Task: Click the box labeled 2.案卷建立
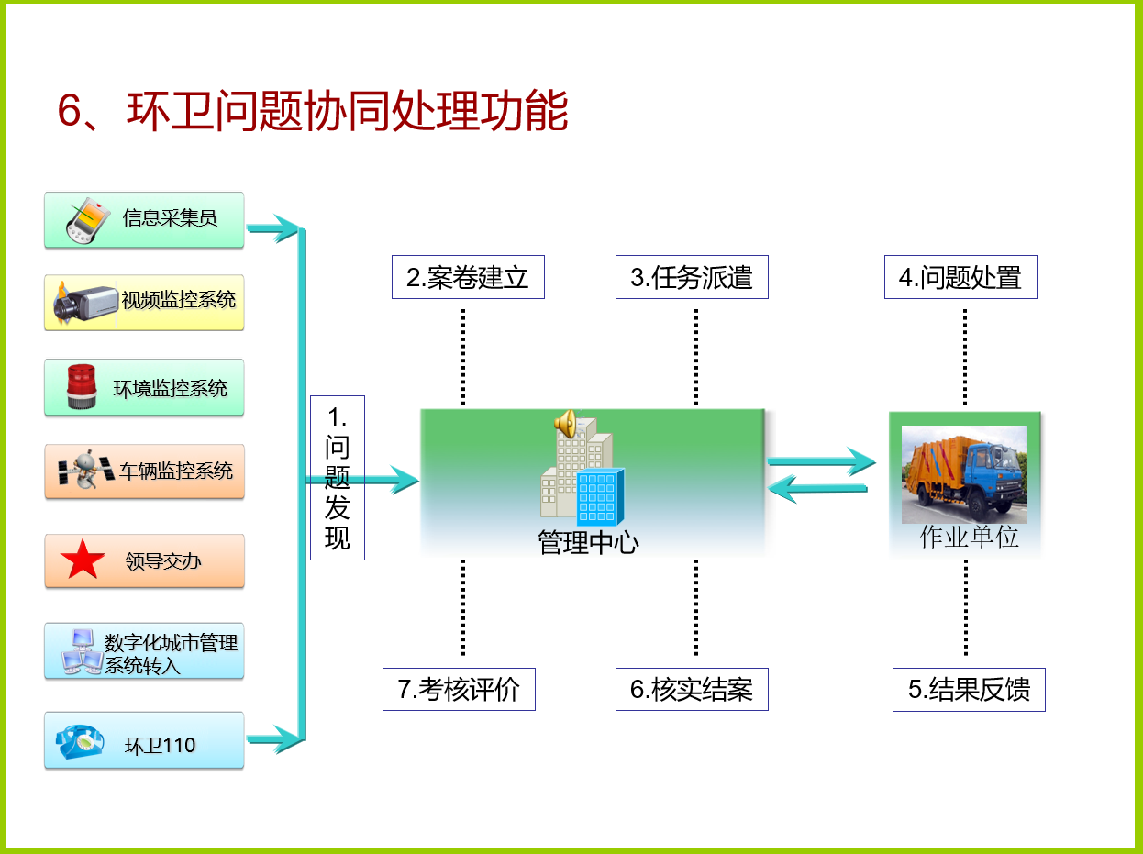tap(468, 277)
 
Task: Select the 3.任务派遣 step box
tap(692, 277)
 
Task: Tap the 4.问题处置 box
tap(960, 277)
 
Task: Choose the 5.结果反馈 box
tap(969, 690)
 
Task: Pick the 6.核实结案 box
tap(692, 690)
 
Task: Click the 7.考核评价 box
tap(459, 690)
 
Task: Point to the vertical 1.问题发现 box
tap(338, 478)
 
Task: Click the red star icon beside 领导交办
tap(83, 560)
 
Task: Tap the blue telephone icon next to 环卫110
tap(79, 741)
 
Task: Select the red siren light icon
tap(82, 386)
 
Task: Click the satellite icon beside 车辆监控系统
tap(86, 469)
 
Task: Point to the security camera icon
tap(85, 303)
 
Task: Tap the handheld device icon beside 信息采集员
tap(87, 220)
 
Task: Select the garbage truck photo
tap(964, 474)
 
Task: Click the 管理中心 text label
tap(588, 542)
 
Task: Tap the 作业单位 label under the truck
tap(969, 537)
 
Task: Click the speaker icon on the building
tap(565, 424)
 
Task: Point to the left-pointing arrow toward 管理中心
tap(817, 488)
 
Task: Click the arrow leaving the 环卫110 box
tap(275, 739)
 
